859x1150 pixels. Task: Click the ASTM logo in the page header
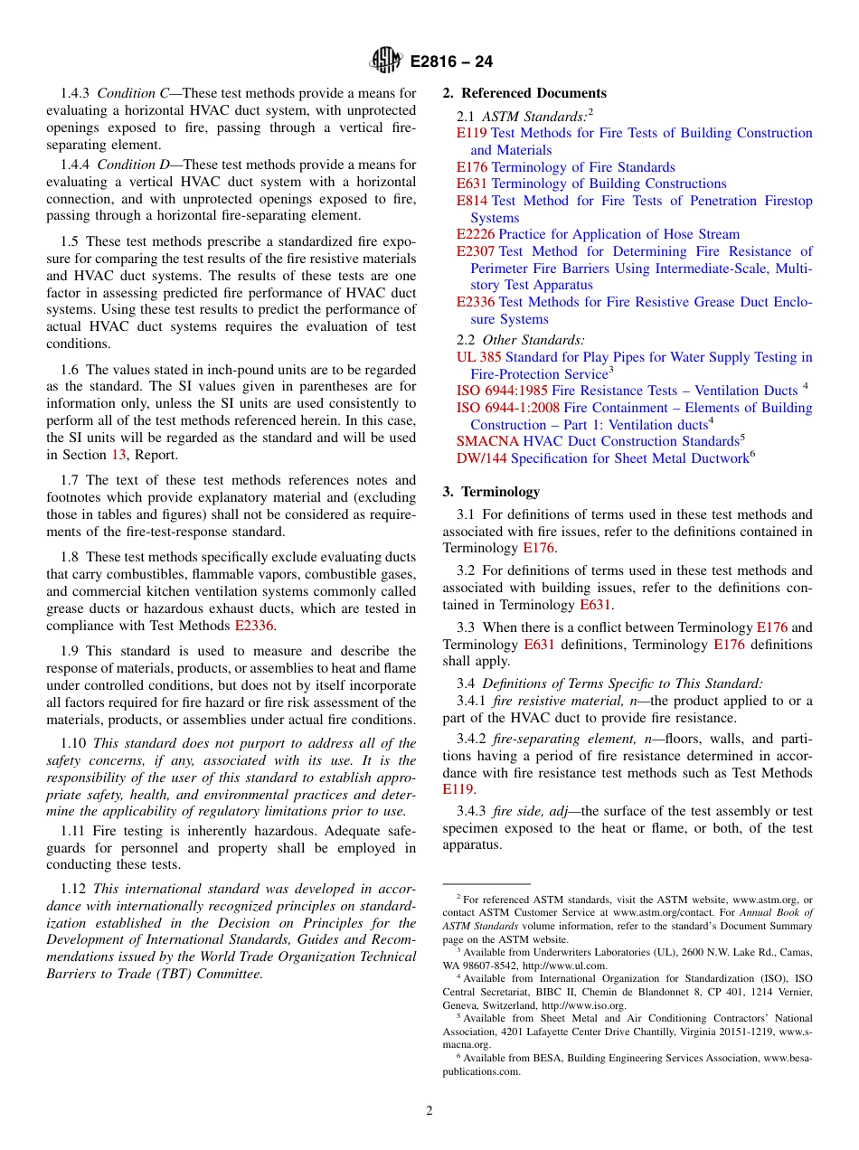tap(386, 61)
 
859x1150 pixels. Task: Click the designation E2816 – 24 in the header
tap(451, 61)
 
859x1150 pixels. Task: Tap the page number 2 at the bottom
tap(429, 1110)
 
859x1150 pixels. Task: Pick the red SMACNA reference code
tap(487, 441)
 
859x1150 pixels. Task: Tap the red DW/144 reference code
tap(481, 458)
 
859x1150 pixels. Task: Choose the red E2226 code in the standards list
tap(475, 234)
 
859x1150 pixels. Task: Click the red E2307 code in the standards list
tap(475, 251)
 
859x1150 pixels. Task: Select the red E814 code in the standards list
tap(471, 201)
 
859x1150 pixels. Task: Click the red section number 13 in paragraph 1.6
tap(118, 455)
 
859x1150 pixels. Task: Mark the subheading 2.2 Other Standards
tap(521, 340)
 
